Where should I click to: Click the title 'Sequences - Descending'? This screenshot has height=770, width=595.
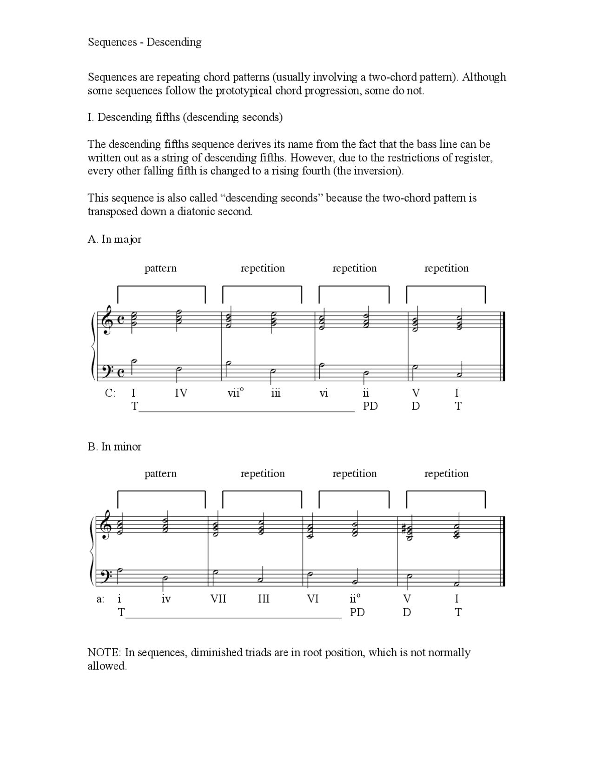(x=145, y=42)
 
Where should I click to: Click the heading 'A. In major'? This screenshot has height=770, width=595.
(x=114, y=239)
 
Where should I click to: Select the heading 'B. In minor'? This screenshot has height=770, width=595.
(x=114, y=447)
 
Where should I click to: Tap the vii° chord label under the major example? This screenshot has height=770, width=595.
(x=235, y=393)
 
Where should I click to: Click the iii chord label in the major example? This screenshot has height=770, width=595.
(x=276, y=393)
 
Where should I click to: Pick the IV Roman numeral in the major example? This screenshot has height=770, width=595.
(x=181, y=393)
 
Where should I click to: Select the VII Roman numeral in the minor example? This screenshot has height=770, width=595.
(x=218, y=599)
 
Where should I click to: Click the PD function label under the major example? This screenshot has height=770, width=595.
(x=370, y=406)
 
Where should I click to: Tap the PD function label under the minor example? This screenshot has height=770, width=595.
(x=357, y=612)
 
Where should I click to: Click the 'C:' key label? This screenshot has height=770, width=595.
(x=110, y=393)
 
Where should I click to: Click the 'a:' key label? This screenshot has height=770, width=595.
(x=100, y=599)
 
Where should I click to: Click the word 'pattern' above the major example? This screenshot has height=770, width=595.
(x=160, y=268)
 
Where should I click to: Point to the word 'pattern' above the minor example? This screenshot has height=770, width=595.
(x=160, y=474)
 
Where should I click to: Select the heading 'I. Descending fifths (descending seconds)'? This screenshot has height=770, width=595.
(x=185, y=117)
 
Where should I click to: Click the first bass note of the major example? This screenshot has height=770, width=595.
(x=133, y=362)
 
